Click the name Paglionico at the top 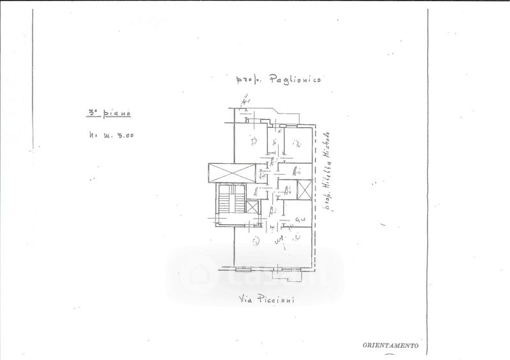tap(295, 79)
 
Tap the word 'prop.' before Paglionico tap(248, 80)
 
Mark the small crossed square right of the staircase tap(254, 208)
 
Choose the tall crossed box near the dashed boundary tap(305, 192)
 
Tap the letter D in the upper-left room tap(253, 141)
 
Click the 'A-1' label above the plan tap(245, 100)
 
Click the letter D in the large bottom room tap(255, 241)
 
